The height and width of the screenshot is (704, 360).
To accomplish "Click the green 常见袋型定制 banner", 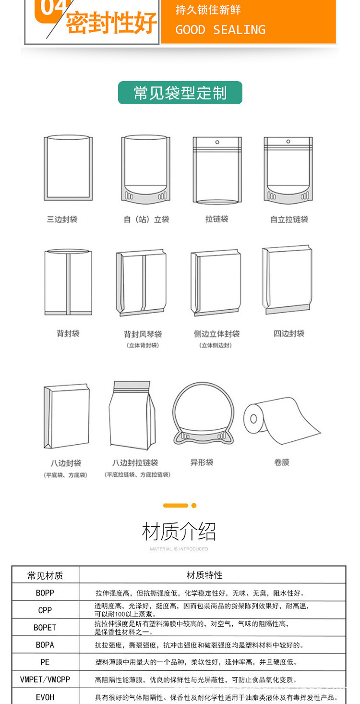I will point(180,93).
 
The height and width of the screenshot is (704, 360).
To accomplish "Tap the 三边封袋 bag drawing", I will point(68,169).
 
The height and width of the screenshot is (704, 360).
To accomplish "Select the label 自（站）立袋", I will point(146,219).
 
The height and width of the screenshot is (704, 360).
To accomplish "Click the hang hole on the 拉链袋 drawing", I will point(217,142).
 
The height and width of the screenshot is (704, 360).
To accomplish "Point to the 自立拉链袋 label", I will point(289,219).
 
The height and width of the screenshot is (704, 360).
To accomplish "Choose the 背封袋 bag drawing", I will point(68,282).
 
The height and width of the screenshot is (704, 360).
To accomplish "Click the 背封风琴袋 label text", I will point(143,334).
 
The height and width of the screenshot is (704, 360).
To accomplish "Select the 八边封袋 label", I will point(66,463).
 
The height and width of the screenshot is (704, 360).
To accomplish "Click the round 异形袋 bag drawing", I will point(204,413).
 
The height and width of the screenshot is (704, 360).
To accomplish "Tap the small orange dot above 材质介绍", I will point(194,505).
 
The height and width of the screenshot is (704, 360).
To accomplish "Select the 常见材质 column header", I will point(45,575).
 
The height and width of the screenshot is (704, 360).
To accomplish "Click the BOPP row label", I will point(45,593).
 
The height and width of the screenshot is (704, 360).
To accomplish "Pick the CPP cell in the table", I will point(45,610).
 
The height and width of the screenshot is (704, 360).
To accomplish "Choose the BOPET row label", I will point(45,628).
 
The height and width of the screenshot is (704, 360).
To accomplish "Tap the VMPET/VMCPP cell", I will point(45,680).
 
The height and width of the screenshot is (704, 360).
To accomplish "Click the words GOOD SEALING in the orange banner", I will point(220,30).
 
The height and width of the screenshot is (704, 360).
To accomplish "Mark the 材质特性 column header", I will point(204,575).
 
